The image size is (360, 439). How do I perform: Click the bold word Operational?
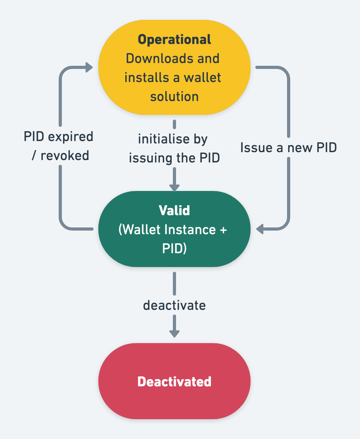(x=174, y=40)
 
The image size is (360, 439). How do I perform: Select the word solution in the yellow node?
(x=174, y=96)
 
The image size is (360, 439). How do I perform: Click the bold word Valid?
(x=174, y=210)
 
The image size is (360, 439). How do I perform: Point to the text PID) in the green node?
(x=174, y=248)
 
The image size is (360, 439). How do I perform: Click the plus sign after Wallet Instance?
(x=223, y=230)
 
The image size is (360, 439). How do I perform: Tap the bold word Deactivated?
(x=174, y=382)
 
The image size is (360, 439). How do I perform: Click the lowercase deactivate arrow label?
(x=174, y=305)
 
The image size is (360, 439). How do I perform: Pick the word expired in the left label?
(x=73, y=137)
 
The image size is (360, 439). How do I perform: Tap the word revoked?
(x=65, y=156)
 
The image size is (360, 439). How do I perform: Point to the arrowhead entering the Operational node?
(x=89, y=68)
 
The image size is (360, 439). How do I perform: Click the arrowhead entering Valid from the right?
(x=260, y=229)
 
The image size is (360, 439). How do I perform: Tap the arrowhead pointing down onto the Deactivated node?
(x=174, y=333)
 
